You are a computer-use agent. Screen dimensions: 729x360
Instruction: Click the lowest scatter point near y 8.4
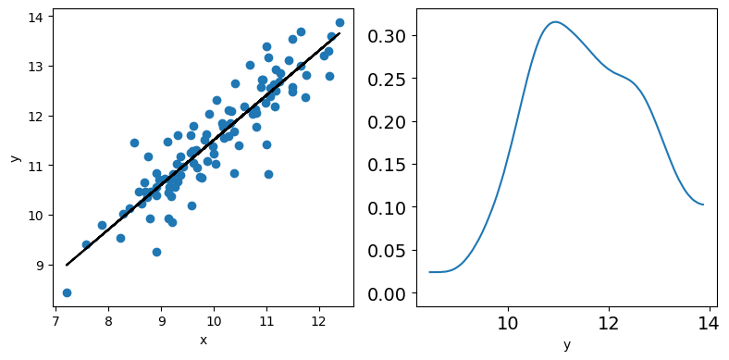[x=67, y=292]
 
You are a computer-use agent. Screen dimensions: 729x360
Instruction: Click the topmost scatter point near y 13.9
[x=340, y=23]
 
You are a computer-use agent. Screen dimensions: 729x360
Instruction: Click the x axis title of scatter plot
[x=204, y=341]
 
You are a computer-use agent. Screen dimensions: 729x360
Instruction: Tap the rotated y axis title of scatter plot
[x=17, y=158]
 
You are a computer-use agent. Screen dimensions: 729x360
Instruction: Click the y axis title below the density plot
[x=567, y=344]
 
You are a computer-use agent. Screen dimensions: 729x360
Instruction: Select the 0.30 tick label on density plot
[x=388, y=36]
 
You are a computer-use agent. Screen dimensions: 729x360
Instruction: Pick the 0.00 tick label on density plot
[x=388, y=293]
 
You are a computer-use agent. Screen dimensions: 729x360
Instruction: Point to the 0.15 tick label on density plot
[x=388, y=165]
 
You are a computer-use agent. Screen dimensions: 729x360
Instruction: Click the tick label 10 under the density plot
[x=508, y=324]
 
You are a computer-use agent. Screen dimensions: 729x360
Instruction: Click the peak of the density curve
[x=555, y=22]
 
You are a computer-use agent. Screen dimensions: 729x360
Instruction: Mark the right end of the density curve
[x=703, y=205]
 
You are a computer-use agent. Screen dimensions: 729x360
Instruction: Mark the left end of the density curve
[x=429, y=272]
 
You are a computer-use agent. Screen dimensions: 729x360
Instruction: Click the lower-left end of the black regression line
[x=67, y=265]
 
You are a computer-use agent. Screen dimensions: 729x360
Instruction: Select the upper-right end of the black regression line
[x=340, y=33]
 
